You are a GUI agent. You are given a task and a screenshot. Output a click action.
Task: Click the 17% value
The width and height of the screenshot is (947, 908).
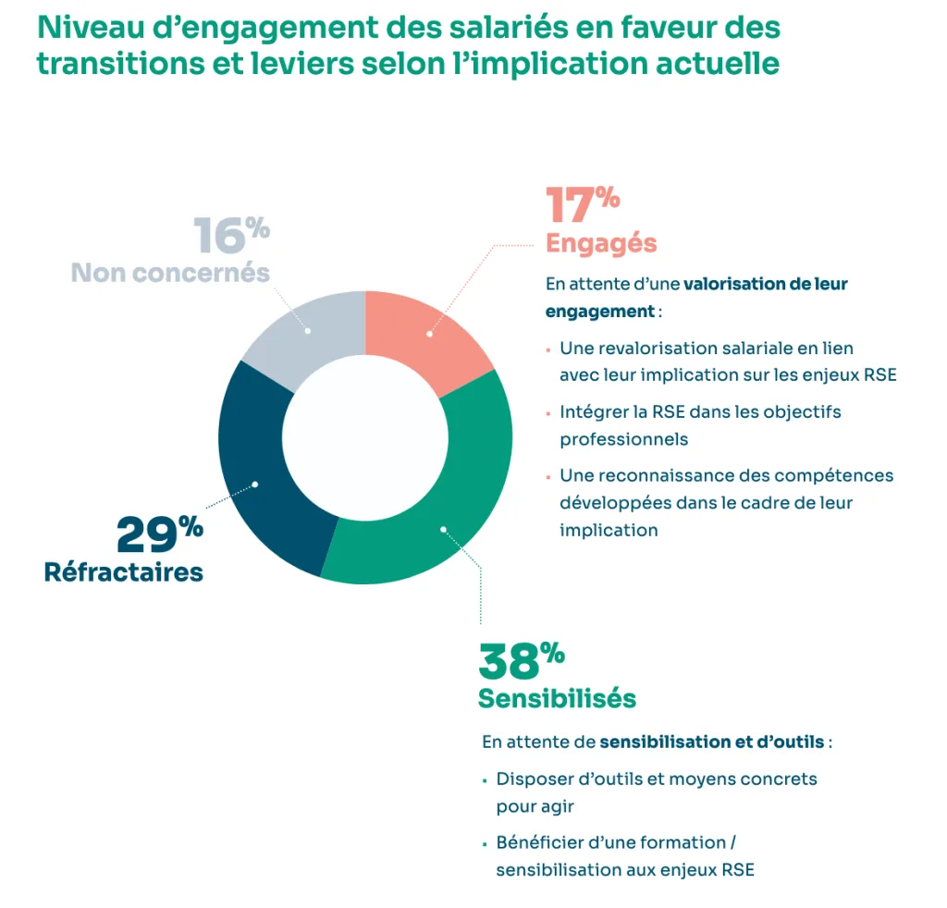click(x=582, y=205)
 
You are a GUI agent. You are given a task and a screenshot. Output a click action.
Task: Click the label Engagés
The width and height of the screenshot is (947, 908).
click(x=601, y=243)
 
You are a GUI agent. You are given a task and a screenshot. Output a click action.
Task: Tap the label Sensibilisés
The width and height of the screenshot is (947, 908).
click(x=557, y=698)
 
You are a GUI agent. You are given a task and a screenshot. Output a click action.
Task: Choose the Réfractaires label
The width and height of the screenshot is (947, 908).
click(x=124, y=572)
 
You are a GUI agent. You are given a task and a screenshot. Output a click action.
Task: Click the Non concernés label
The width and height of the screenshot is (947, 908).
click(x=170, y=273)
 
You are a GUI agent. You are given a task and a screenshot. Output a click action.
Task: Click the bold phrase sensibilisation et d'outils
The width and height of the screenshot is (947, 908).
click(x=711, y=742)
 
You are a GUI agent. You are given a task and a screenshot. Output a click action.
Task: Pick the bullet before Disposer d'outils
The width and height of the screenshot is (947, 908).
click(x=485, y=780)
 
